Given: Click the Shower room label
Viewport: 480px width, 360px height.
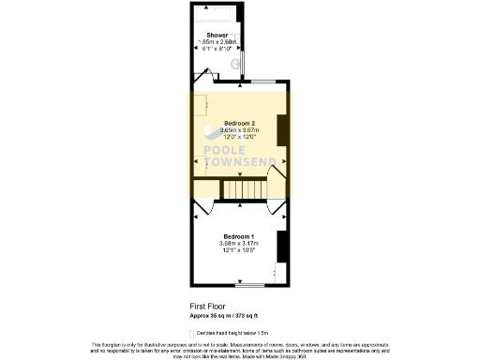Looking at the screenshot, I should [217, 35].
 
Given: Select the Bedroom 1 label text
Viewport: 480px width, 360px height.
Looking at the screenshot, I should [238, 236].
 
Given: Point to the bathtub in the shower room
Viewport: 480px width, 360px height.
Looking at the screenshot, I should [217, 19].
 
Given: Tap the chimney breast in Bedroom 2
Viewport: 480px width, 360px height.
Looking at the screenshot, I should [281, 128].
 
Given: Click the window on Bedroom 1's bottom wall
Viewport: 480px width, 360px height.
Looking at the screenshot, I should [265, 282].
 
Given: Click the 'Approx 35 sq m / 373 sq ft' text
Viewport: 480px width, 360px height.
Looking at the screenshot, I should [230, 316].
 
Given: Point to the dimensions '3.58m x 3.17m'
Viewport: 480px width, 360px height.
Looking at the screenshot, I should [238, 243].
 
